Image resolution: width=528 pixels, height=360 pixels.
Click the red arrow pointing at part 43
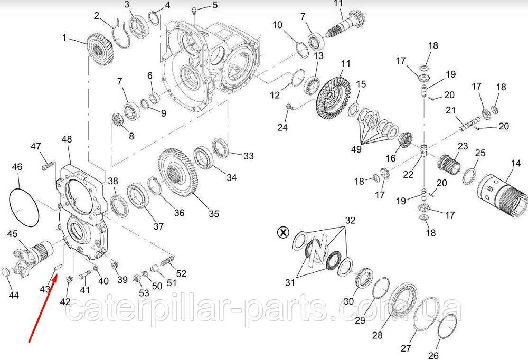[x=43, y=308]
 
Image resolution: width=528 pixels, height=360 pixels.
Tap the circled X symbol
[x=283, y=232]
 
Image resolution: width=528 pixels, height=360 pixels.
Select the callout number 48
[x=67, y=139]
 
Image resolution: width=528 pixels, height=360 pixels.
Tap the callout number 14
[x=515, y=164]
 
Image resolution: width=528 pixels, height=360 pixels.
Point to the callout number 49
[x=356, y=148]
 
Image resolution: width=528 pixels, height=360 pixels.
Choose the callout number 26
[x=433, y=355]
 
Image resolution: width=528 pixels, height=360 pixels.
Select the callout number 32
[x=350, y=220]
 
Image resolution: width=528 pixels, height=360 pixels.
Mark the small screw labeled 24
[x=290, y=108]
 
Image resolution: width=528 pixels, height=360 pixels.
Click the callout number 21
[x=450, y=110]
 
